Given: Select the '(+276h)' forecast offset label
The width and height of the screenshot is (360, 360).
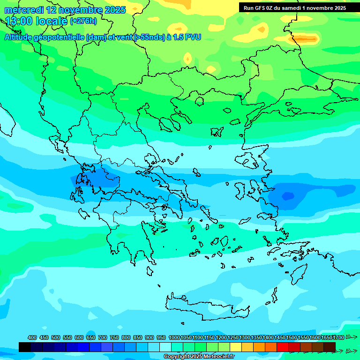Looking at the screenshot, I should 83,21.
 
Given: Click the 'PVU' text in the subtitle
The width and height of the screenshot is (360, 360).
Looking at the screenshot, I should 193,37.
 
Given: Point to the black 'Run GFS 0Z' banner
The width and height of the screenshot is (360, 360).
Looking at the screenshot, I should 294,7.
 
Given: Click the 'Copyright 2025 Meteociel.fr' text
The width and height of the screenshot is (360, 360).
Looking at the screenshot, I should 199,357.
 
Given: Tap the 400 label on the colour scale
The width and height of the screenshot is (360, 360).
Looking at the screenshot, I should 32,337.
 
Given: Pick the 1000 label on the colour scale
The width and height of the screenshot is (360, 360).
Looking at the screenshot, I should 174,337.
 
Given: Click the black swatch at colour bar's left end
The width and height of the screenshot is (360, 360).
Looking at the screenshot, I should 25,347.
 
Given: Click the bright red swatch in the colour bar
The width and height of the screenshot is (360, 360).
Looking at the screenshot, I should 283,347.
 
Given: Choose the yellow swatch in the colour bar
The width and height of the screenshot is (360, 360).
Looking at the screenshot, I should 236,347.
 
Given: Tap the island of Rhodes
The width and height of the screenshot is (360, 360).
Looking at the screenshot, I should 298,274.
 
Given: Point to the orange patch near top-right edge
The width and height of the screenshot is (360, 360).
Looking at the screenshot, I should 306,38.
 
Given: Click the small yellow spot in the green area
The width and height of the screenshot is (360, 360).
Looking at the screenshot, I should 187,59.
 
